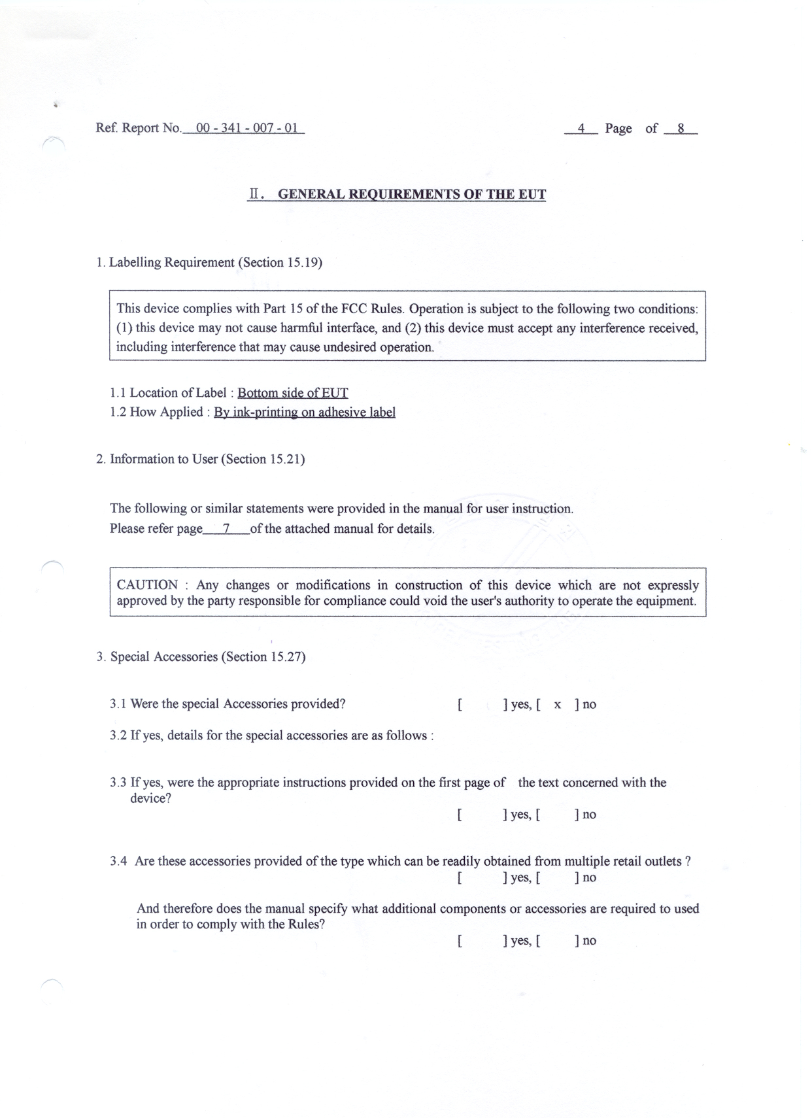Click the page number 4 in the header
581,129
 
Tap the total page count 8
681,129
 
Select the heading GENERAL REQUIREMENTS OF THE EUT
412,194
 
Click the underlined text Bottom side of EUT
292,393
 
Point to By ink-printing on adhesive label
305,413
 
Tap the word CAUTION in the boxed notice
147,584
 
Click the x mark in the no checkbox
557,705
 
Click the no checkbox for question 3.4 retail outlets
557,878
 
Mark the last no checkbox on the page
557,941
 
